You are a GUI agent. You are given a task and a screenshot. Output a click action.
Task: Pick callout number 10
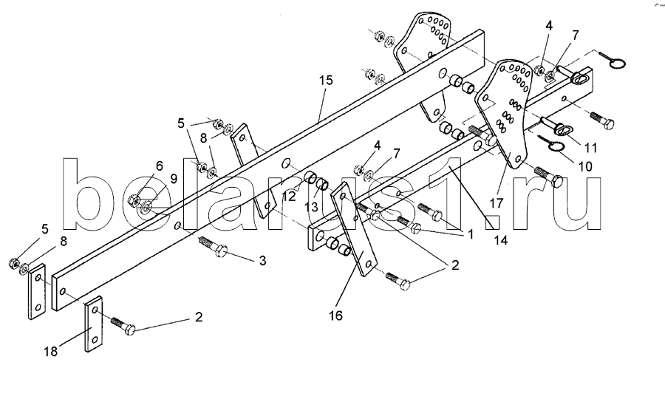584,167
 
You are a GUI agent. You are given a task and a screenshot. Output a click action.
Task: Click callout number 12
288,197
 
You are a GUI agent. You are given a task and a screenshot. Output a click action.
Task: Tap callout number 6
137,166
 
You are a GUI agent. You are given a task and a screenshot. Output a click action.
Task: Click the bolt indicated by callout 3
214,246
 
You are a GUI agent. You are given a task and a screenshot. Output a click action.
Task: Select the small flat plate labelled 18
93,324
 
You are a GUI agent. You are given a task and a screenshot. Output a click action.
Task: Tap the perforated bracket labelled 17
506,111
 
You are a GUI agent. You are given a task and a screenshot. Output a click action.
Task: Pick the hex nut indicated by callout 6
134,199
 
